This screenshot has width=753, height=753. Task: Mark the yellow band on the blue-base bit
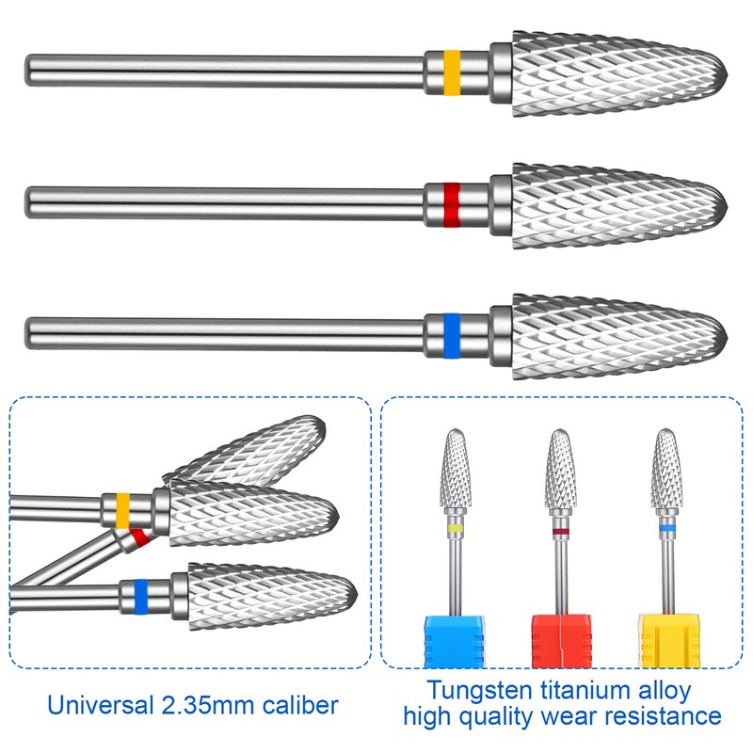pyautogui.click(x=455, y=530)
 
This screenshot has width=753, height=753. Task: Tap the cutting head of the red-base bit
pyautogui.click(x=561, y=472)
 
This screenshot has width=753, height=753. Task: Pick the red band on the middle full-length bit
pyautogui.click(x=453, y=202)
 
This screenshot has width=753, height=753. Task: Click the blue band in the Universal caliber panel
pyautogui.click(x=141, y=595)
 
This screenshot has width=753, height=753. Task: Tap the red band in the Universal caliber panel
pyautogui.click(x=139, y=538)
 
